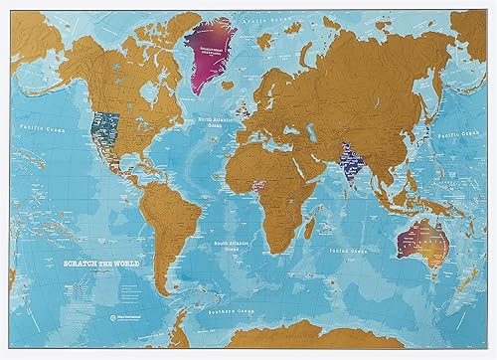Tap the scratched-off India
coord(350,162)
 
